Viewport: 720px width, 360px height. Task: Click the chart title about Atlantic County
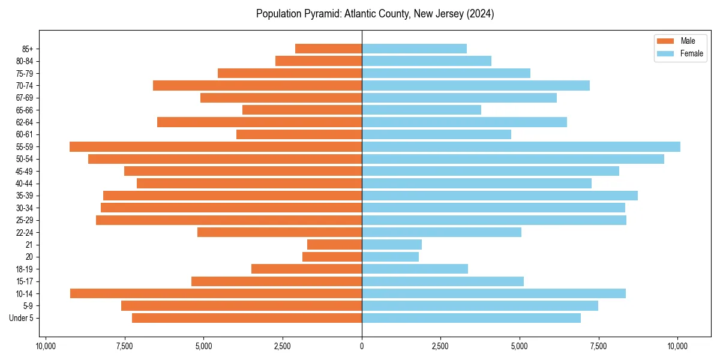375,14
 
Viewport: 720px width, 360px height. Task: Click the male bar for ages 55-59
215,146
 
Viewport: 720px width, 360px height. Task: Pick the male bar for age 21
334,244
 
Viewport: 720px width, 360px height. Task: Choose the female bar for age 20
390,257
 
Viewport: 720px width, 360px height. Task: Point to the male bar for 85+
328,49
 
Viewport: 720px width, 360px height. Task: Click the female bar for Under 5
471,318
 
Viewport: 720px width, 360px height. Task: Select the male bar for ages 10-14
216,293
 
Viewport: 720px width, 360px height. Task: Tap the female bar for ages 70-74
475,85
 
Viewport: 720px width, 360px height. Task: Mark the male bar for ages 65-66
302,110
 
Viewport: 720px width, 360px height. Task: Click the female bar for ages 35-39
499,196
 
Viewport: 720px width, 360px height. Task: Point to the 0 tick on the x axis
362,346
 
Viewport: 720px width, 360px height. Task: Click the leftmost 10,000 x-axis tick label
46,346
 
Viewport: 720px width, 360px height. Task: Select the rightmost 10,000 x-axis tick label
678,346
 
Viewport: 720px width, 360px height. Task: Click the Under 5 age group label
22,318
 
